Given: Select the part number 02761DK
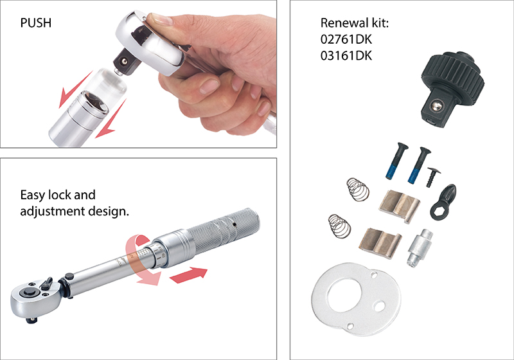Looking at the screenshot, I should point(346,40).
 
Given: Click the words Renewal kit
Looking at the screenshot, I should point(355,24).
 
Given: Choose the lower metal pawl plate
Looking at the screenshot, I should point(380,241).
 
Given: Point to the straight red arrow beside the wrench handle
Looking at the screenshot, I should point(190,274).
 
